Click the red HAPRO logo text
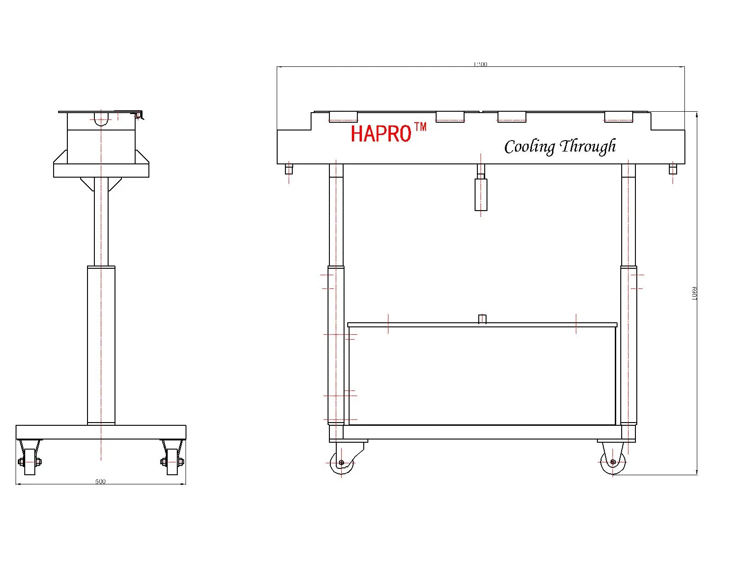pos(381,134)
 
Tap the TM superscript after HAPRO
pos(420,127)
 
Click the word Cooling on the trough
pos(529,147)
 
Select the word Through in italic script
pos(588,146)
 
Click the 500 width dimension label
pos(100,481)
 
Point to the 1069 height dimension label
pos(694,293)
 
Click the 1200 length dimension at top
pos(480,65)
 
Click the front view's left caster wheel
pos(341,463)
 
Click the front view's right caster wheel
pos(613,462)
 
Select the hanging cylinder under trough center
pos(481,195)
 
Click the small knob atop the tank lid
pos(481,319)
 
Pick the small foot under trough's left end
pos(289,170)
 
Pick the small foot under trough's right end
pos(673,170)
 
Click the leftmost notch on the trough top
pos(343,117)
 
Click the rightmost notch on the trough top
pos(618,117)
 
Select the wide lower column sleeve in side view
pos(101,346)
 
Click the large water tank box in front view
pos(482,375)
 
